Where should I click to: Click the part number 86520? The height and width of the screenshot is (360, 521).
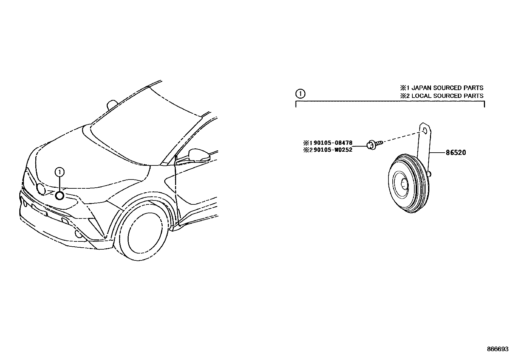point(455,153)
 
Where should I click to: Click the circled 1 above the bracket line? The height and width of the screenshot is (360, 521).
point(300,94)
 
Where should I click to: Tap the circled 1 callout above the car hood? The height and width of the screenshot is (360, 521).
point(60,171)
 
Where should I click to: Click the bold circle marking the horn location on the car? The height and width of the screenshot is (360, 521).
point(60,196)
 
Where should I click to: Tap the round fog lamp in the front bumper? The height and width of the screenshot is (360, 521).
point(79,234)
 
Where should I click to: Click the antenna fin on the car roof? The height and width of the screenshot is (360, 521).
point(112,104)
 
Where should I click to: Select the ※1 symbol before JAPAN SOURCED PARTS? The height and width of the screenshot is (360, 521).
point(403,88)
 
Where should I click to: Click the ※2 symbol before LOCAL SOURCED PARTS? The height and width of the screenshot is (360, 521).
point(403,96)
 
